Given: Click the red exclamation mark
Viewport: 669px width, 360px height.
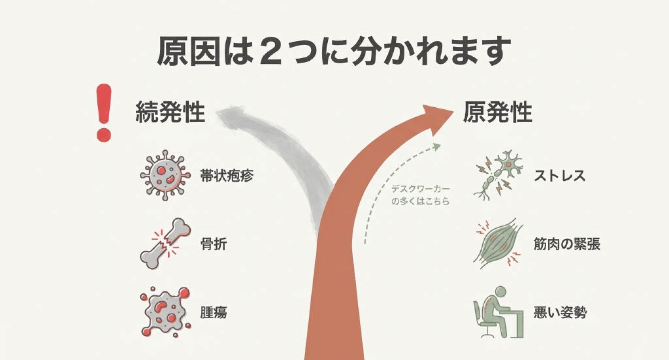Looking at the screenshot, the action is click(104, 112).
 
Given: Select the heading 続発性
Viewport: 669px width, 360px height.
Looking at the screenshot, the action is click(171, 112).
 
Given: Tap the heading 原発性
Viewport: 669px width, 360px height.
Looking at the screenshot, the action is click(497, 112).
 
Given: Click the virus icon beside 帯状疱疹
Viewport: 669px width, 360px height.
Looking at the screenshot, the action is click(165, 175).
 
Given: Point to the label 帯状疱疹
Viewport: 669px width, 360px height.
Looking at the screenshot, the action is click(227, 175).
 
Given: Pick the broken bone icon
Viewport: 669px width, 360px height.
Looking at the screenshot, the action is click(165, 244).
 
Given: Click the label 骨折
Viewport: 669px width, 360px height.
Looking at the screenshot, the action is click(214, 244).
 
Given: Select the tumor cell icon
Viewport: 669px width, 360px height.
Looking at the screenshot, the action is click(165, 312).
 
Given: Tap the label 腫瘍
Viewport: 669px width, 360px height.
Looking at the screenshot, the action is click(214, 313).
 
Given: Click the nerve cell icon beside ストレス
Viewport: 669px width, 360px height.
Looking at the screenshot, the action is click(498, 175).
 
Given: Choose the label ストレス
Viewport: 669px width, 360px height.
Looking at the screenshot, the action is click(559, 175).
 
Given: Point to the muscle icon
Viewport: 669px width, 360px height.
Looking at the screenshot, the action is click(498, 244).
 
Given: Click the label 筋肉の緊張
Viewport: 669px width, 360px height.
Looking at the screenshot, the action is click(567, 244).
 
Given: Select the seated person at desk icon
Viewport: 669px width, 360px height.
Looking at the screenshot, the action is click(498, 312).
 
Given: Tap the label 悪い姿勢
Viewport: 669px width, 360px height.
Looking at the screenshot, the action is click(560, 313).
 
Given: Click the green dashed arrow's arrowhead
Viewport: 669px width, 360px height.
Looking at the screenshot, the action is click(437, 146).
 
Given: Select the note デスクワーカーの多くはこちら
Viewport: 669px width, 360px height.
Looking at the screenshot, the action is click(421, 195).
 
